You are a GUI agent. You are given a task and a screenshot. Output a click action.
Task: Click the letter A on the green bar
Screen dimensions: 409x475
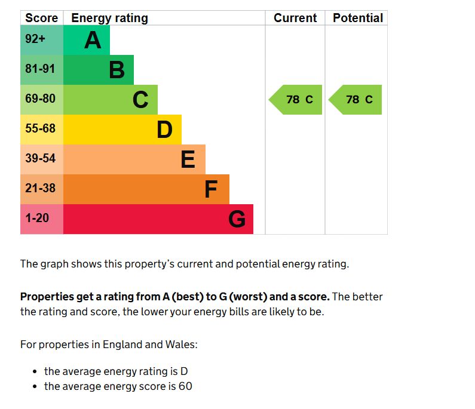point(93,40)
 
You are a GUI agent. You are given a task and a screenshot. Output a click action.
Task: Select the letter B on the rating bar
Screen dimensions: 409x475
point(117,70)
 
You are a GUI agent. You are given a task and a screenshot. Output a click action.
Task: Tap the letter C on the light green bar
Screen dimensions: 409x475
point(140,100)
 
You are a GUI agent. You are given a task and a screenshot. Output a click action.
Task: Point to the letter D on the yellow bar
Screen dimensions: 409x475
point(164,130)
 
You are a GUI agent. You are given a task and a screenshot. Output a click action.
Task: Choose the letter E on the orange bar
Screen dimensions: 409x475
point(188,159)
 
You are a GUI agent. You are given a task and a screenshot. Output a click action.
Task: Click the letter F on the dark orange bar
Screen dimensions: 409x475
point(211,189)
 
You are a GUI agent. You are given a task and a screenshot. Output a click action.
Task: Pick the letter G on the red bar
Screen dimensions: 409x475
point(237,220)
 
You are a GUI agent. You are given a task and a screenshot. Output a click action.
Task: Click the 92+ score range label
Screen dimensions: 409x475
point(35,39)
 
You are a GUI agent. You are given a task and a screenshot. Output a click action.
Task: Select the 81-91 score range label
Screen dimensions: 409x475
point(40,69)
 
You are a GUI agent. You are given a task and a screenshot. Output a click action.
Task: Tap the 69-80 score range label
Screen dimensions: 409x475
point(40,99)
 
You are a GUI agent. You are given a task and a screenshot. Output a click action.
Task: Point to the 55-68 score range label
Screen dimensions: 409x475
point(40,129)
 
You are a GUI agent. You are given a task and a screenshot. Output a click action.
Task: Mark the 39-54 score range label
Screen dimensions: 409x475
point(40,159)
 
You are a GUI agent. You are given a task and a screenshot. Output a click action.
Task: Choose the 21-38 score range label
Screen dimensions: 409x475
point(40,189)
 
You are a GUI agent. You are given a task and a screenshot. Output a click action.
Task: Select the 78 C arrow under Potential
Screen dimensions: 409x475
point(357,100)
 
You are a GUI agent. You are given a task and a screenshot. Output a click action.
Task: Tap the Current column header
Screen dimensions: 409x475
point(295,18)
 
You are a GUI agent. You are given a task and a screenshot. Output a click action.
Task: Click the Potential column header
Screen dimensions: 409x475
point(358,18)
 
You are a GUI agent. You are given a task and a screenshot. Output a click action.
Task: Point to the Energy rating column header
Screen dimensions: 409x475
point(109,18)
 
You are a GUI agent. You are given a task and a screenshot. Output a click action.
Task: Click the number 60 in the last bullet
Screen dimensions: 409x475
point(185,386)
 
